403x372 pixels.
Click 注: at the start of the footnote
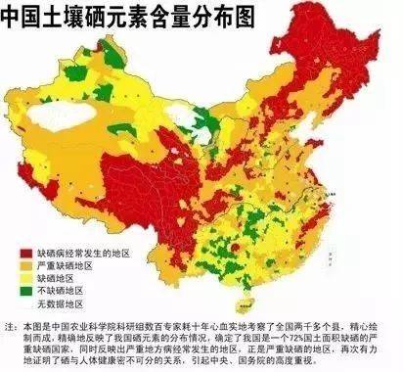(x=11, y=323)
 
